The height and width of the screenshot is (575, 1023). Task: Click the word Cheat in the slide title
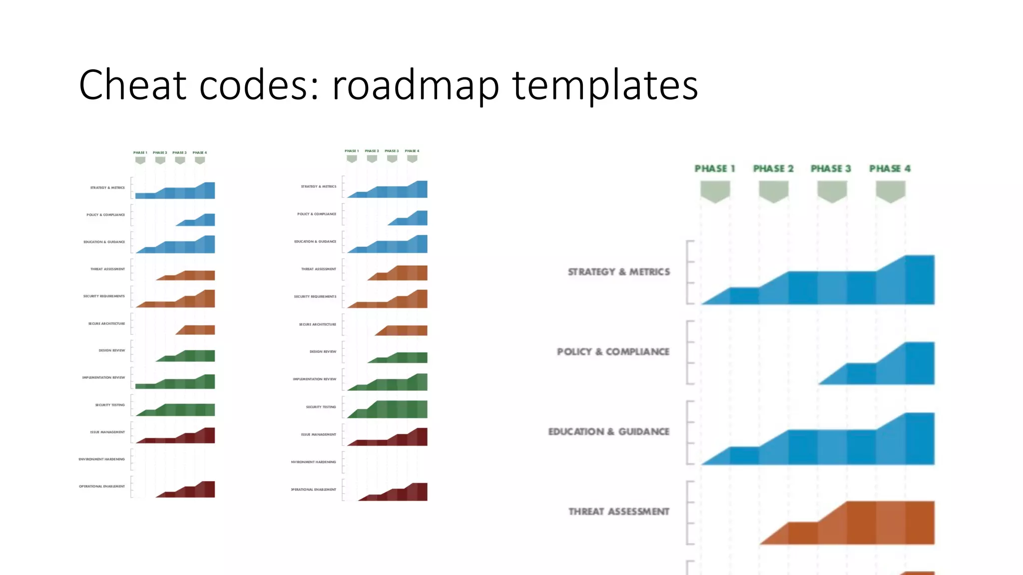click(x=133, y=85)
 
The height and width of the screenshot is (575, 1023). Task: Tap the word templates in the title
click(x=605, y=85)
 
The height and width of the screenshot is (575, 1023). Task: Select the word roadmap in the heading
click(x=416, y=85)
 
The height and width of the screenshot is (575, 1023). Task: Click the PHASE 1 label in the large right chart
click(x=715, y=169)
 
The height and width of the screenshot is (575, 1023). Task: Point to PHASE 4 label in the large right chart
click(x=890, y=169)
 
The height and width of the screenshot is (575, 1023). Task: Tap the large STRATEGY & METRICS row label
click(x=619, y=272)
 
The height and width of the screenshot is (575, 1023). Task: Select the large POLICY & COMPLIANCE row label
click(x=613, y=352)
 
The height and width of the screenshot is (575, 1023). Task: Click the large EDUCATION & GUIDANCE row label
click(x=608, y=432)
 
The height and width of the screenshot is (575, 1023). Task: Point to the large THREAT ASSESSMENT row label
click(x=619, y=512)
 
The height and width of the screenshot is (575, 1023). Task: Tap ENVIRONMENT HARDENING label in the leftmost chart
click(x=102, y=459)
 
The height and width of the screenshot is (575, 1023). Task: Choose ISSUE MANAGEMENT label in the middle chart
click(x=318, y=435)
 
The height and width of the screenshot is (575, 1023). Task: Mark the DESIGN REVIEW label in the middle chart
click(x=323, y=352)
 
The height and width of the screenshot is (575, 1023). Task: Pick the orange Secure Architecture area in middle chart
click(x=405, y=330)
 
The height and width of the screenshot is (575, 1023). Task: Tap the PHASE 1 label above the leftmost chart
click(x=140, y=153)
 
